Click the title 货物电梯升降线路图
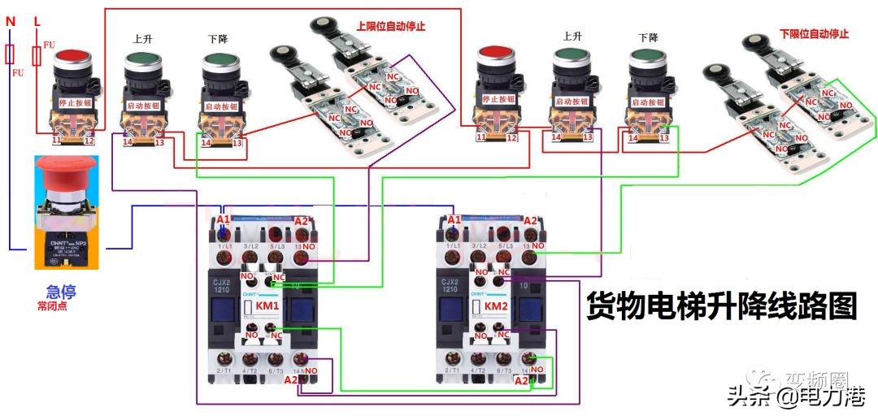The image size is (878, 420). (x=722, y=307)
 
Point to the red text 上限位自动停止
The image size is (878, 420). (x=391, y=26)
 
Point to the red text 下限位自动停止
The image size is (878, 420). (x=814, y=34)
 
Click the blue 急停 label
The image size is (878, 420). (x=62, y=292)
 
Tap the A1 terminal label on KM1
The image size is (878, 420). (x=224, y=220)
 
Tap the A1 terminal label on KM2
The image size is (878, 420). (x=454, y=220)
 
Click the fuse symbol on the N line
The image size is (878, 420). (x=11, y=55)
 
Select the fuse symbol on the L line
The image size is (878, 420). (x=37, y=56)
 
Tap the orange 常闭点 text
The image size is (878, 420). (x=54, y=307)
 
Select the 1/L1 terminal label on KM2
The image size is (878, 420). (x=454, y=245)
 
